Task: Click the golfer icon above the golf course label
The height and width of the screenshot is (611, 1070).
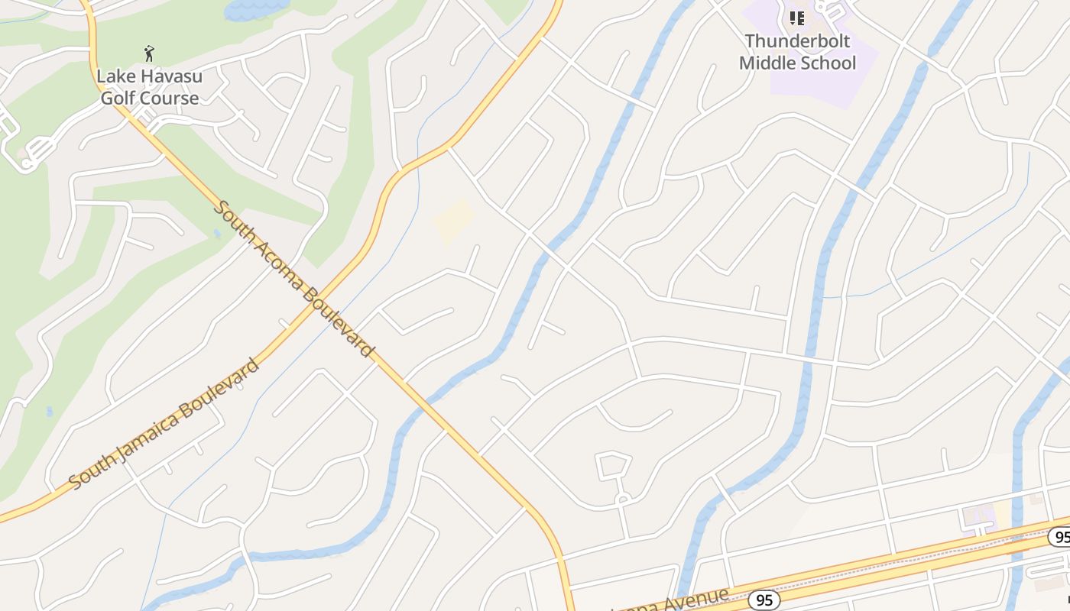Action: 149,53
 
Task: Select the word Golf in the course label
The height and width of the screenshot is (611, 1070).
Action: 118,98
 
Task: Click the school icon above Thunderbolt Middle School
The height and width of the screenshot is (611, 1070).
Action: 797,18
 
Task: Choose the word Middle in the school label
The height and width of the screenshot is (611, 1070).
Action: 766,63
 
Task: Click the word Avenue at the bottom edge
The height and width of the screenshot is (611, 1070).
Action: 692,600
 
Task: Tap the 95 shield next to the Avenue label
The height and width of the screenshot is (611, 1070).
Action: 764,600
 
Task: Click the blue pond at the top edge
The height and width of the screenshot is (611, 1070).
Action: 255,8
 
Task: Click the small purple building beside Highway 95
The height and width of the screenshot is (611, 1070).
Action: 978,515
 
